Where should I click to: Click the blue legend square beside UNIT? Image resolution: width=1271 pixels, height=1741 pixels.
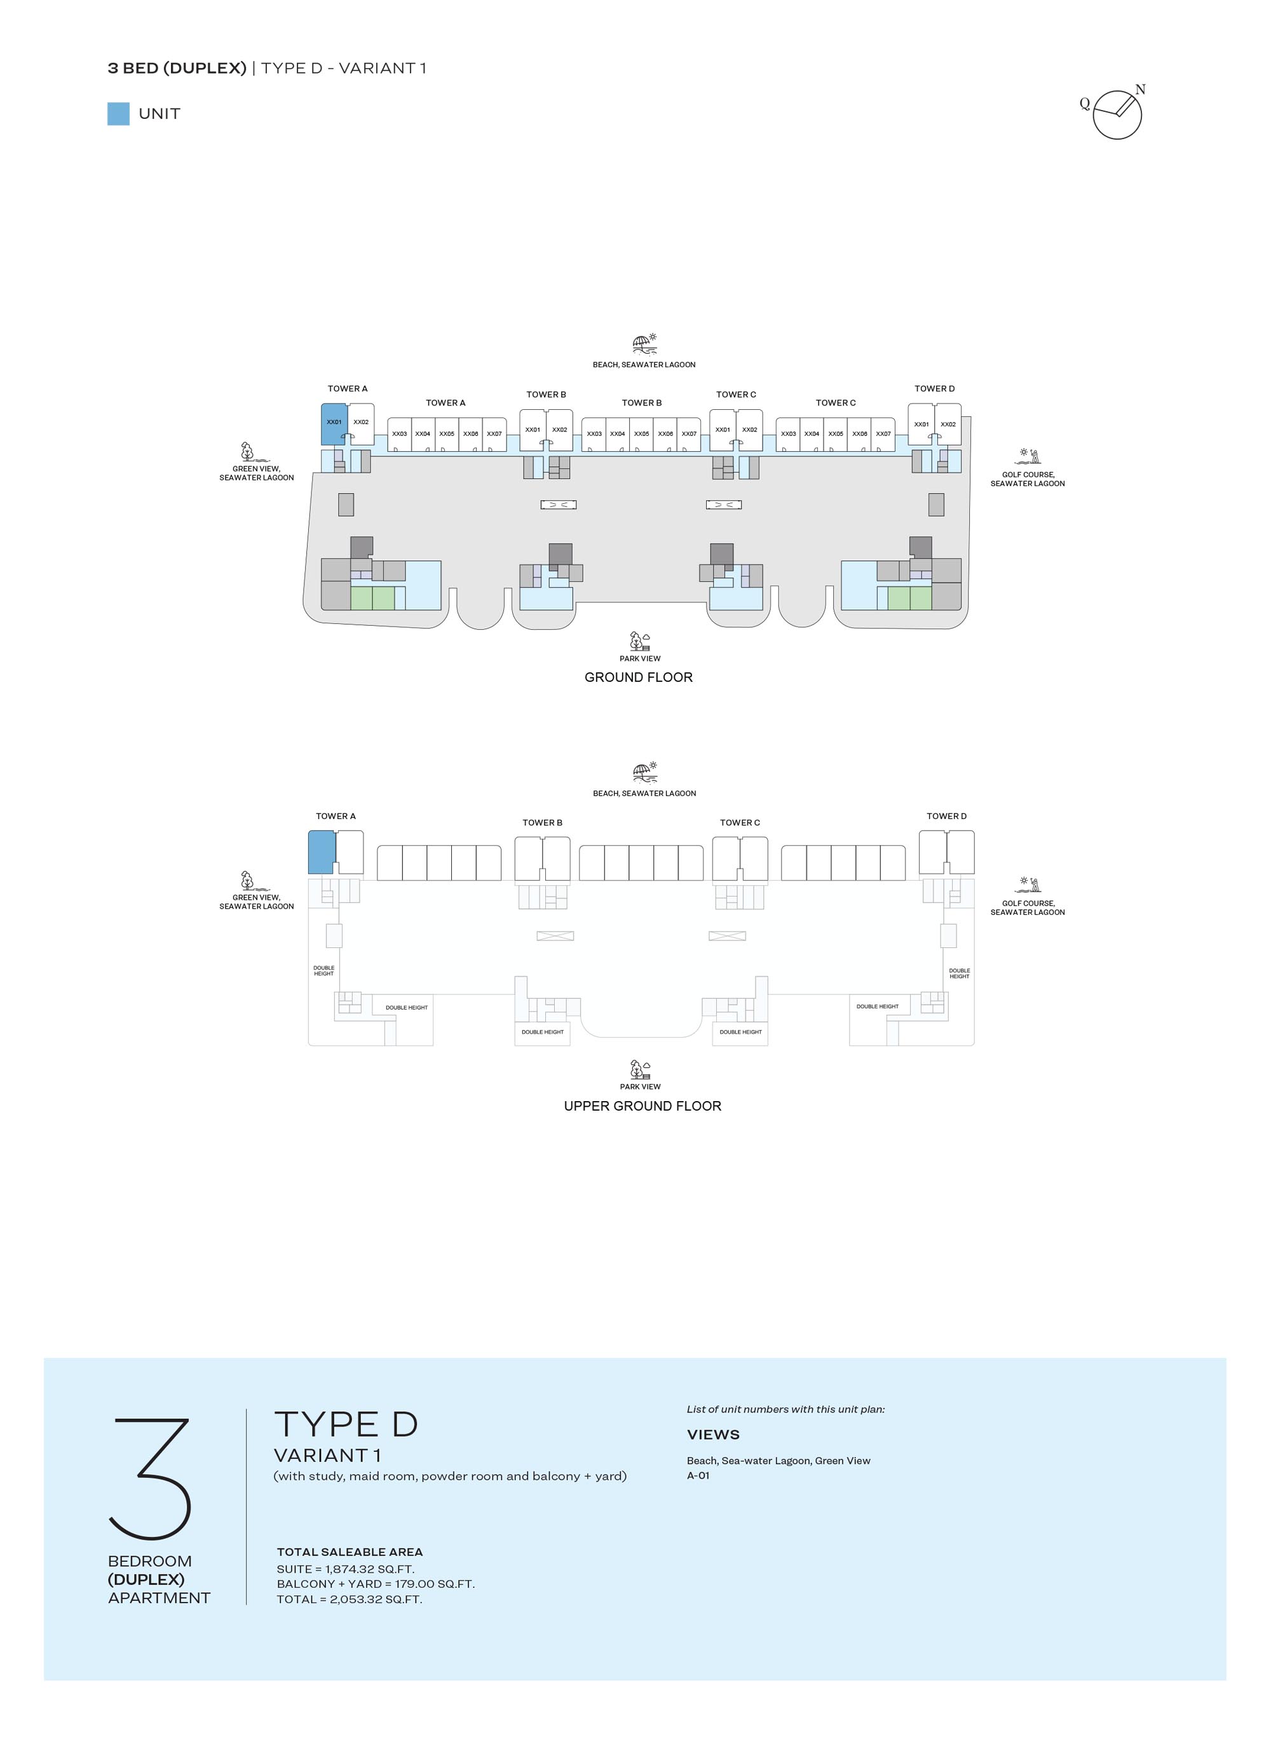coord(118,114)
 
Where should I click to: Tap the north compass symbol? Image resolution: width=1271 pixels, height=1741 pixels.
coord(1117,114)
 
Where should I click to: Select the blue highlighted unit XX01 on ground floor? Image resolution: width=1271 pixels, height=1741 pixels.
coord(334,424)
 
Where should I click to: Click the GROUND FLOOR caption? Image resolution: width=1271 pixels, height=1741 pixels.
coord(639,677)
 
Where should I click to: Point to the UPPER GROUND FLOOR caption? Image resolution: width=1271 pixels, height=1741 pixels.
coord(642,1106)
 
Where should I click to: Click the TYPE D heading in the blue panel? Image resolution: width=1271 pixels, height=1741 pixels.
coord(346,1424)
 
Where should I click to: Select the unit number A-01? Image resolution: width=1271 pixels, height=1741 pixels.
coord(698,1475)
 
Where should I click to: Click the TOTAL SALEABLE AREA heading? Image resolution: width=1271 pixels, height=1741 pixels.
coord(350,1552)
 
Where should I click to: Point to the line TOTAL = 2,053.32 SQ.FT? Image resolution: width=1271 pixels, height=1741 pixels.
coord(350,1599)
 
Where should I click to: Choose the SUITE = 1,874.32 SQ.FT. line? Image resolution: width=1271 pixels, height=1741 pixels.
coord(346,1569)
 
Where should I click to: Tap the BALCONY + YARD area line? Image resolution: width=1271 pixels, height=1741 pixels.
coord(376,1583)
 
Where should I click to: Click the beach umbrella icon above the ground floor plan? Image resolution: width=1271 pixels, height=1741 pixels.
coord(644,343)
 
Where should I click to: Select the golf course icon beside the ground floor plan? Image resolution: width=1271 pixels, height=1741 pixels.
coord(1028,456)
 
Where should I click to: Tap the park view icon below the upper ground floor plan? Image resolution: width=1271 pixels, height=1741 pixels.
coord(640,1069)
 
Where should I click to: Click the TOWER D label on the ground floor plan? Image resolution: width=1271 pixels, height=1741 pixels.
coord(934,388)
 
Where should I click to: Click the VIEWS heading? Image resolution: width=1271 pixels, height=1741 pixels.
coord(713,1435)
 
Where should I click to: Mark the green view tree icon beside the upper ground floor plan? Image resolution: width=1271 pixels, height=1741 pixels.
coord(247,880)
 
